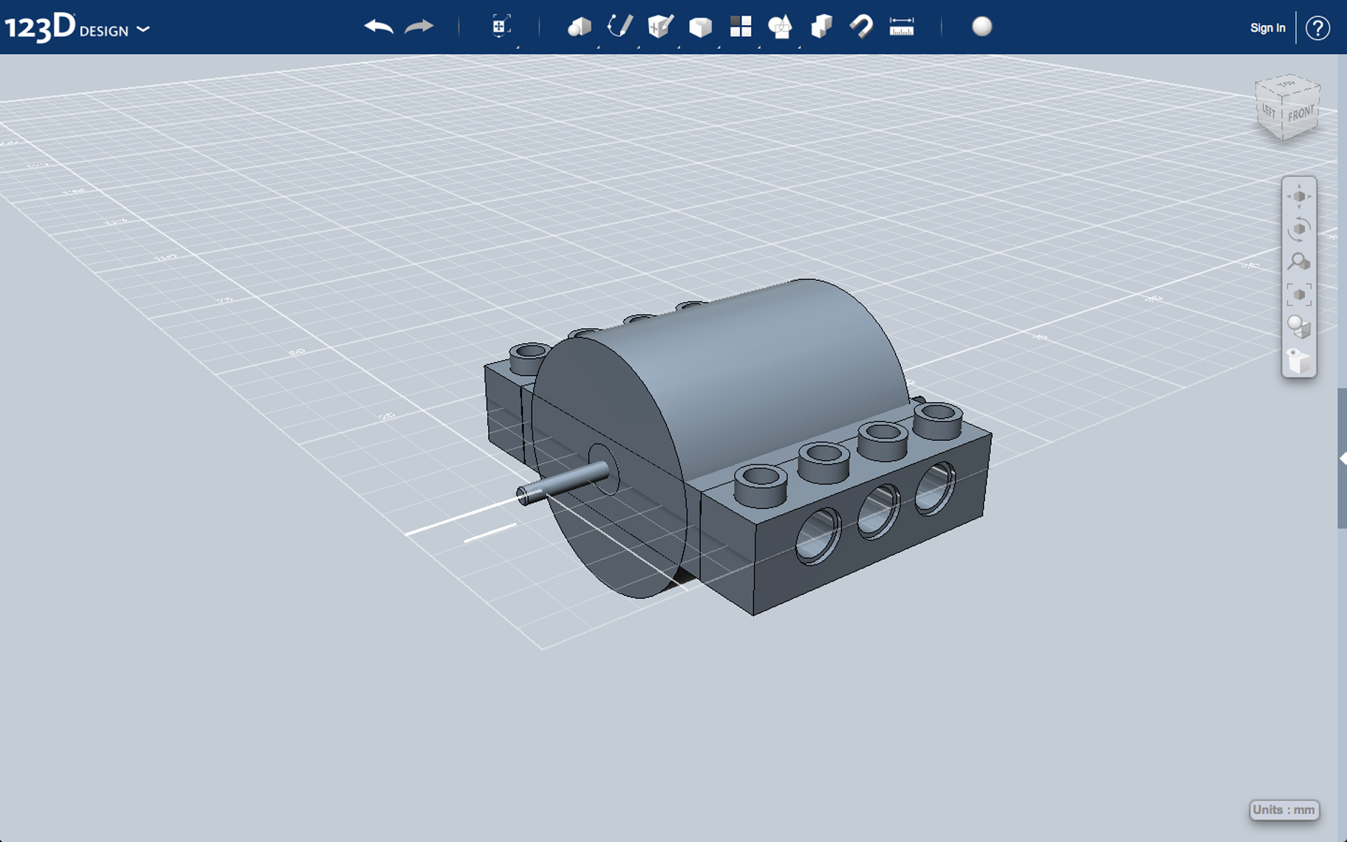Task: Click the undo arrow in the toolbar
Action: tap(379, 27)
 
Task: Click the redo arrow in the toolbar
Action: tap(419, 27)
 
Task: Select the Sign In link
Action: tap(1267, 28)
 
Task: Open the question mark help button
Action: tap(1317, 28)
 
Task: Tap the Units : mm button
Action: tap(1283, 810)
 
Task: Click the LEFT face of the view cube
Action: tap(1269, 111)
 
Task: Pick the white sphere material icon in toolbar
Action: tap(981, 27)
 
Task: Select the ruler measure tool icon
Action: tap(902, 27)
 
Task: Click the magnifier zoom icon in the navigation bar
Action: tap(1298, 261)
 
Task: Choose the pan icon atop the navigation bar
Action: tap(1298, 196)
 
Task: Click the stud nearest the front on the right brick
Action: tap(761, 484)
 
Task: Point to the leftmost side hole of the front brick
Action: tap(818, 535)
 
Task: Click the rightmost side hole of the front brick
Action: tap(935, 487)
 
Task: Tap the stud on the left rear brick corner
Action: tap(529, 357)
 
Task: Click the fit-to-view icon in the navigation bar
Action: tap(1298, 294)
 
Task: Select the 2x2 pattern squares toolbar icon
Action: tap(741, 27)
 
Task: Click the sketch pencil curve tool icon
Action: tap(620, 27)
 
